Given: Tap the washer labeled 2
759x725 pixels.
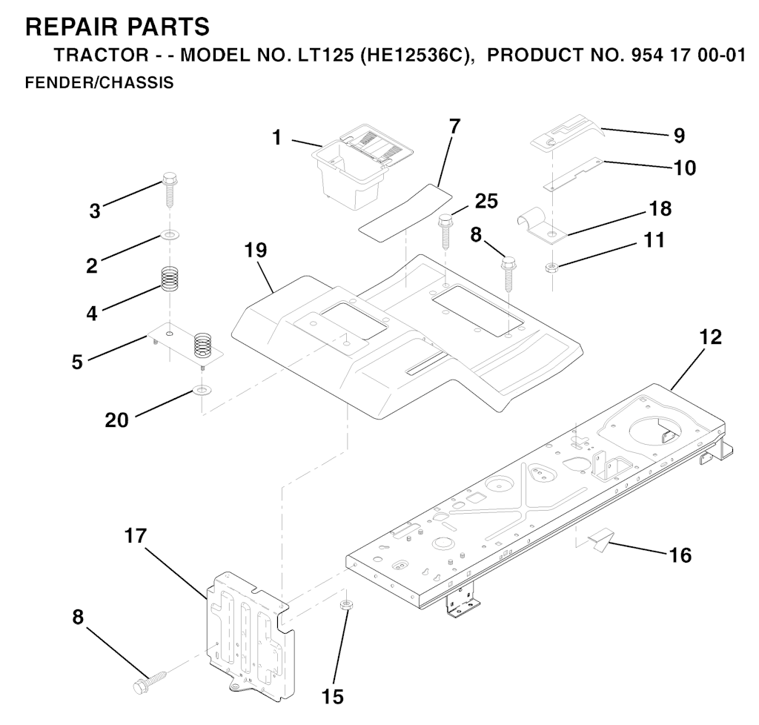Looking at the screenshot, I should click(170, 235).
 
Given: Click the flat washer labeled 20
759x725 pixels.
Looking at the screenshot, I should click(201, 389).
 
